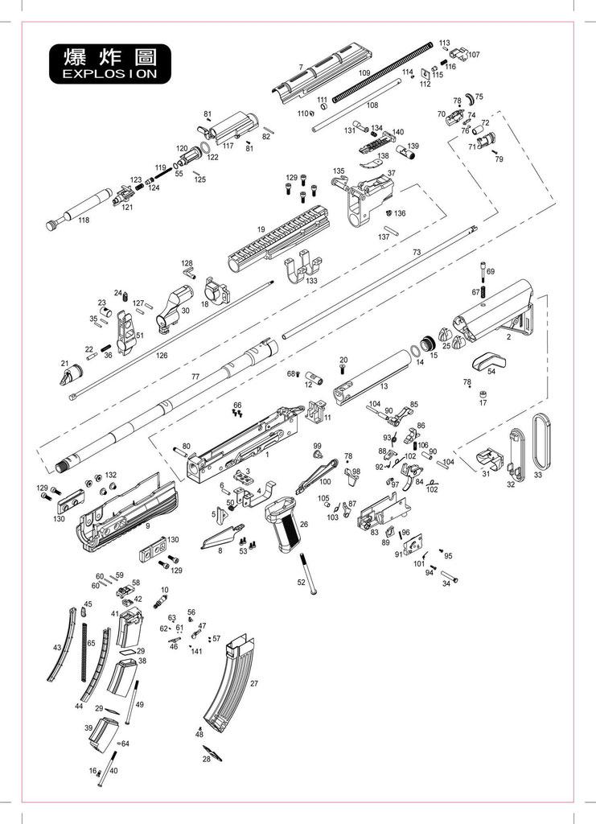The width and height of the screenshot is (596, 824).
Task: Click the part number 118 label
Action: [84, 220]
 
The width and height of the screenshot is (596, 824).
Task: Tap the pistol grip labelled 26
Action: [283, 538]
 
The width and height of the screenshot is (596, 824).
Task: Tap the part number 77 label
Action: [195, 377]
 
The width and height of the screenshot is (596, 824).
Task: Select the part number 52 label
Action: [301, 581]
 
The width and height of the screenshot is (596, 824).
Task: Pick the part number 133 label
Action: [310, 281]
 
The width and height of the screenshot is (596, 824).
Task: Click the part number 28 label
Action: [206, 759]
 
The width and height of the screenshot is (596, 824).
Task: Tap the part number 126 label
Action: [162, 355]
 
